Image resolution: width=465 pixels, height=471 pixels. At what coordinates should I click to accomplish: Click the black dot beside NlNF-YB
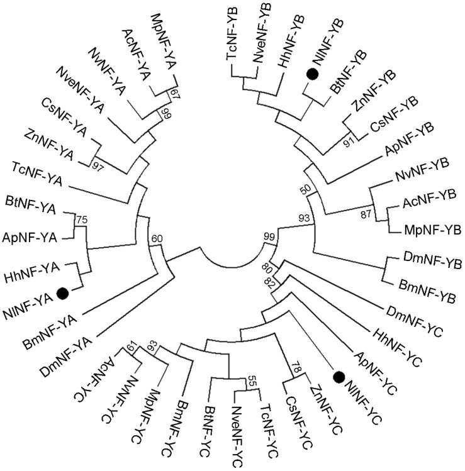pos(310,75)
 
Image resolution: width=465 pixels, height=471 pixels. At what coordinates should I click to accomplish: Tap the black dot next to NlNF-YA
pos(62,292)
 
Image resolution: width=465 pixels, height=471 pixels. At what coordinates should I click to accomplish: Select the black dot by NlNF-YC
pos(339,377)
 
